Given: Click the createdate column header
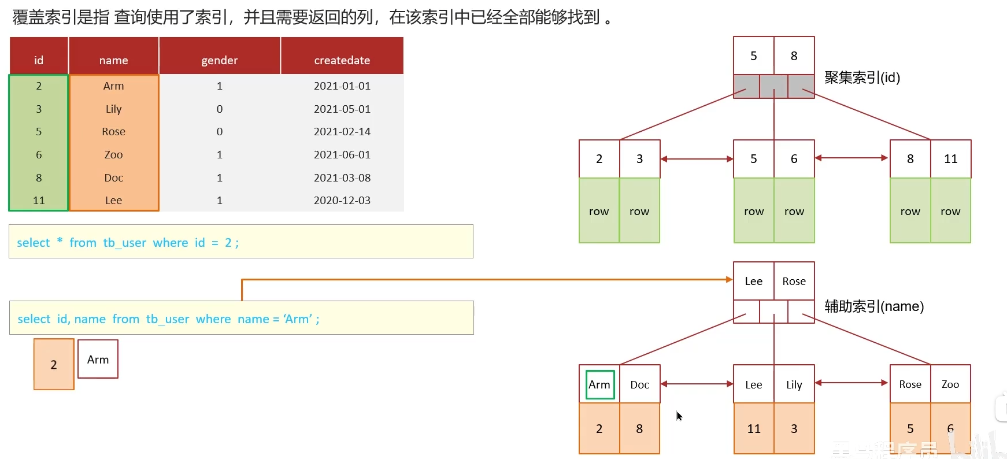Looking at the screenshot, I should [x=342, y=60].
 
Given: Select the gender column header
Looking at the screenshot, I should [x=219, y=60].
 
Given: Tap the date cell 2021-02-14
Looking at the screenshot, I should [x=342, y=131].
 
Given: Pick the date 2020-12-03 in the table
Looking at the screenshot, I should [x=342, y=200].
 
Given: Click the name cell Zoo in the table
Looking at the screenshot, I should [x=113, y=154].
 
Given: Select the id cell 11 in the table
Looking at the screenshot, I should [x=39, y=200].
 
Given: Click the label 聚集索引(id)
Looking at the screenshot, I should [x=862, y=77].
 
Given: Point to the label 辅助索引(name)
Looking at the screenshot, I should [x=874, y=306].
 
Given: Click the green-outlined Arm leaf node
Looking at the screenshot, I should [x=599, y=384].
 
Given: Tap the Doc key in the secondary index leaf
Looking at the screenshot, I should [x=639, y=384].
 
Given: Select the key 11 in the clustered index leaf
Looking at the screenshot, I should [x=950, y=159].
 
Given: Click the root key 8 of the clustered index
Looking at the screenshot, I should [x=794, y=56].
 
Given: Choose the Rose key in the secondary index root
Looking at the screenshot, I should [x=794, y=282].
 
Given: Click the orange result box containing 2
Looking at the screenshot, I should [x=54, y=364].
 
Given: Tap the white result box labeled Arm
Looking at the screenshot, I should [x=98, y=360].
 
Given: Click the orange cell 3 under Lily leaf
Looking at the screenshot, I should [x=794, y=428].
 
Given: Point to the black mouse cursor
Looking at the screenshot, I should [x=679, y=416].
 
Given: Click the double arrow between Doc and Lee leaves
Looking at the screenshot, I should [x=697, y=384].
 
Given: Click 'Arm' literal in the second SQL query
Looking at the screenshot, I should [x=298, y=319].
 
